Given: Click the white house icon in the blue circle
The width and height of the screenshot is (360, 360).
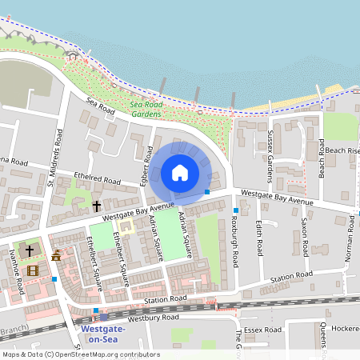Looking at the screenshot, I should (179, 172).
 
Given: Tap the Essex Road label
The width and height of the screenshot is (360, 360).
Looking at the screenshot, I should (264, 329).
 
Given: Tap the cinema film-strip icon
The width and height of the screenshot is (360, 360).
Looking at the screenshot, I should (32, 270).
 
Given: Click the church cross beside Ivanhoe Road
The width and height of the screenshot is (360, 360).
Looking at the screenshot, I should (30, 250).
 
